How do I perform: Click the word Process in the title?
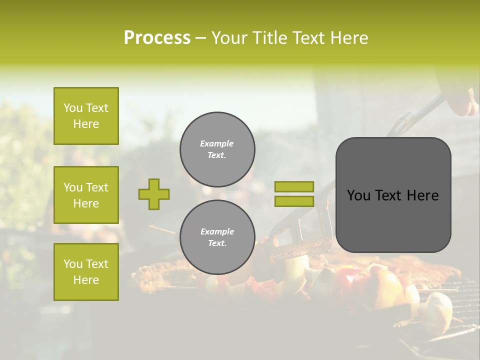point(157,38)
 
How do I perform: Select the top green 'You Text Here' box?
point(86,116)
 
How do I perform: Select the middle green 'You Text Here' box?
point(86,195)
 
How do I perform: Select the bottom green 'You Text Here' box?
point(86,272)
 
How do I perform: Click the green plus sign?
point(154,194)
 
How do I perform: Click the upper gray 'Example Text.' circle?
point(217,149)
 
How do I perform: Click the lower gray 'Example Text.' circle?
point(217,237)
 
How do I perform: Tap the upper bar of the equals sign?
point(294,186)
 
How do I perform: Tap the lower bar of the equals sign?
point(294,201)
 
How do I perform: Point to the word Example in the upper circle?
point(217,143)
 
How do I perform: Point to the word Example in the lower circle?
point(217,231)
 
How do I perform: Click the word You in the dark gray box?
point(358,195)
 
